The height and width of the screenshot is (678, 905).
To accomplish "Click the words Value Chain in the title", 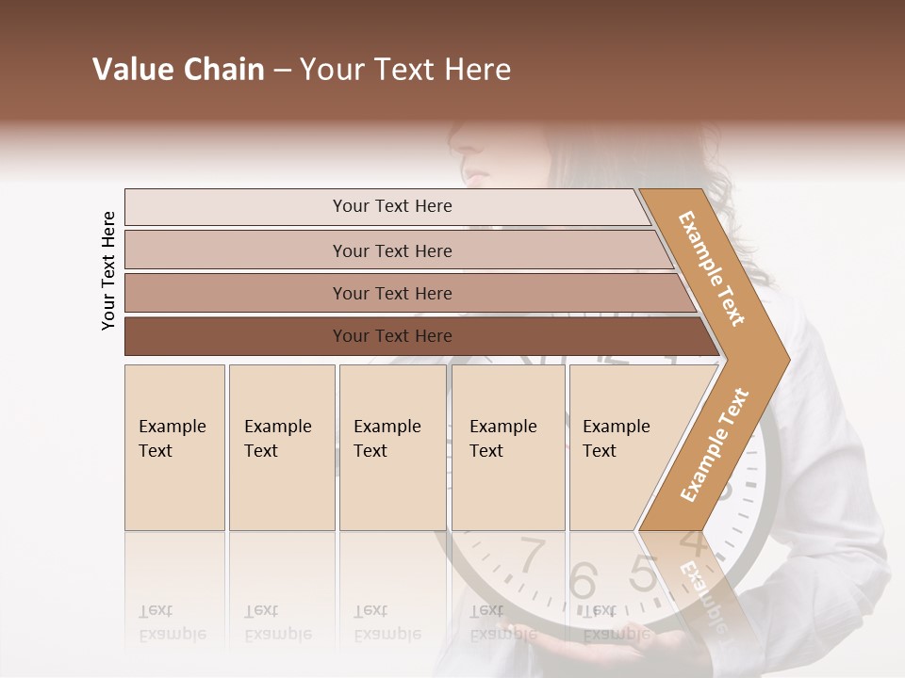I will pyautogui.click(x=178, y=70).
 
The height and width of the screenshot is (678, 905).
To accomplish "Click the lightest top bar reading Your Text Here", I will pyautogui.click(x=392, y=206).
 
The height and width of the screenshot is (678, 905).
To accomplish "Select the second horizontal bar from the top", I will pyautogui.click(x=392, y=250).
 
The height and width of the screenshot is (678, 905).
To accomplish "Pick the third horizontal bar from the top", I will pyautogui.click(x=392, y=293).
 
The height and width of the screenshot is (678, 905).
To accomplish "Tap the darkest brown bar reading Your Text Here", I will pyautogui.click(x=392, y=336).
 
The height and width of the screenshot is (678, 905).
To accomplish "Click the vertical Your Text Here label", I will pyautogui.click(x=108, y=270).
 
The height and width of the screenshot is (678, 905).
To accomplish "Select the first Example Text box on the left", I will pyautogui.click(x=174, y=447).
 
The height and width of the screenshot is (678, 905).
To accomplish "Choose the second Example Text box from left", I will pyautogui.click(x=281, y=447).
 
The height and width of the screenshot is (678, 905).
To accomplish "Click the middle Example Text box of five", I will pyautogui.click(x=392, y=447).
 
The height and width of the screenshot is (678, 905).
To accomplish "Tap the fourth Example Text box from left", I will pyautogui.click(x=508, y=447).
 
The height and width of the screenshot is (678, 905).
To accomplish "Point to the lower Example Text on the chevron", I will pyautogui.click(x=715, y=444).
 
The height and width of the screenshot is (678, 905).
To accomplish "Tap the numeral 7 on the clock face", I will pyautogui.click(x=533, y=554).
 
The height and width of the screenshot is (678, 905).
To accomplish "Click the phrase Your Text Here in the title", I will pyautogui.click(x=405, y=70).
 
